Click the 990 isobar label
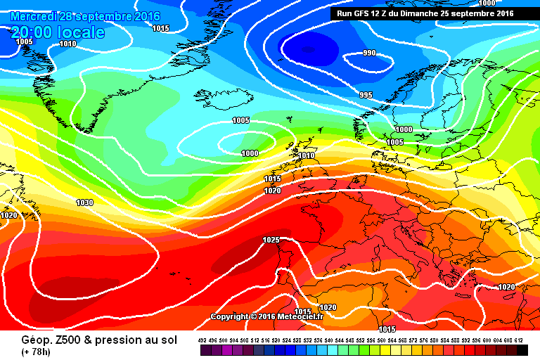[369, 53]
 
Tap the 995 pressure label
[366, 95]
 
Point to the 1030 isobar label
[84, 202]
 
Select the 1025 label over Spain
[271, 240]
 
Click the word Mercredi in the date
[35, 16]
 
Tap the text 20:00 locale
[58, 32]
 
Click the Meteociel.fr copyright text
[266, 316]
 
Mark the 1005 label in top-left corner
[24, 41]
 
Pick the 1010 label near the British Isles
[306, 155]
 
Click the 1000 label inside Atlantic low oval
[250, 153]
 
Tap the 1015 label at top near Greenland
[160, 28]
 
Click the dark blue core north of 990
[309, 48]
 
